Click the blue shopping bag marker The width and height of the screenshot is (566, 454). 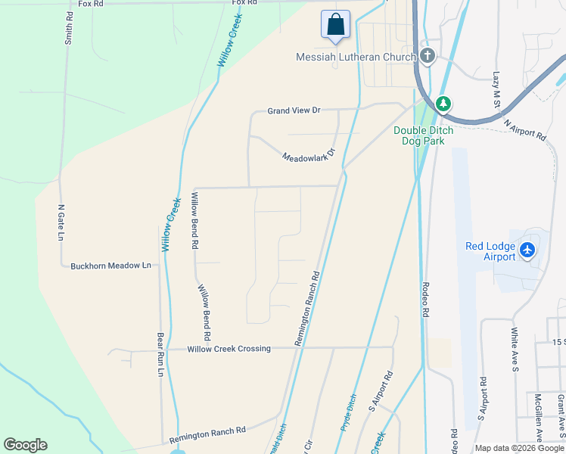[334, 24]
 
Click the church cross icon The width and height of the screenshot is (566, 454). [428, 56]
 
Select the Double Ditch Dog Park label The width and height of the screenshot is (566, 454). [423, 135]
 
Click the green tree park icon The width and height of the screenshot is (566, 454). [443, 104]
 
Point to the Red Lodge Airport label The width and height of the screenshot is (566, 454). [490, 251]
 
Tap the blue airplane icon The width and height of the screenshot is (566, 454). [527, 250]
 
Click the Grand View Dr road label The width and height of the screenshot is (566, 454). [294, 110]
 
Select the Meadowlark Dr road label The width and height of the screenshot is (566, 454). [308, 153]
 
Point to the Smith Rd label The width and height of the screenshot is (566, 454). [69, 27]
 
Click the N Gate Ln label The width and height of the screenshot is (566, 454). [61, 222]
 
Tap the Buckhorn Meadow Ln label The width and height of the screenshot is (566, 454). [111, 266]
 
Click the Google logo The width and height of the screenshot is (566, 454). [25, 445]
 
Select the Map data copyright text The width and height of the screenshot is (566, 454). [520, 448]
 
